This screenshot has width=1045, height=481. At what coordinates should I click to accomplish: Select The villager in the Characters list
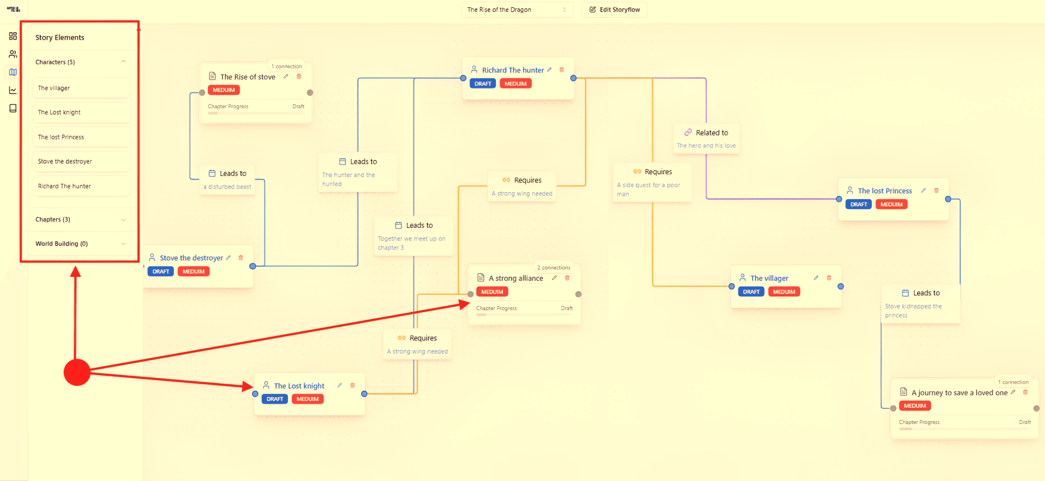click(x=81, y=88)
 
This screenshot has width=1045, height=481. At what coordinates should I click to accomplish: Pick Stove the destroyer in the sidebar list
click(x=81, y=162)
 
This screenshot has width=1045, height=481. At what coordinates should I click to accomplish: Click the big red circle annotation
click(x=77, y=372)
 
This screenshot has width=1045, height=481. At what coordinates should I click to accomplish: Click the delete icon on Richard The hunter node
click(x=562, y=70)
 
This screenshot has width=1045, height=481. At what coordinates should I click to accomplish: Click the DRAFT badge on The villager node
click(x=751, y=292)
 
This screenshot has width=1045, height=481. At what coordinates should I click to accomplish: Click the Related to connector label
click(x=712, y=133)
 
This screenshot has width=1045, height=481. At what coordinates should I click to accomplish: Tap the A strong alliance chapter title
click(x=516, y=278)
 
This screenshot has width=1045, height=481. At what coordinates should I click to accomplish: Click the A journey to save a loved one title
click(x=959, y=392)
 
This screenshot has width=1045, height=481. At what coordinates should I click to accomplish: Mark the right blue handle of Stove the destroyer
click(x=253, y=266)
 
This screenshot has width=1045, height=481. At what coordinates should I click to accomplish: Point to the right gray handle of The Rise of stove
click(x=310, y=92)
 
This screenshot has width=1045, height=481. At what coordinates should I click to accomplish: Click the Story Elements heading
click(x=60, y=37)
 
